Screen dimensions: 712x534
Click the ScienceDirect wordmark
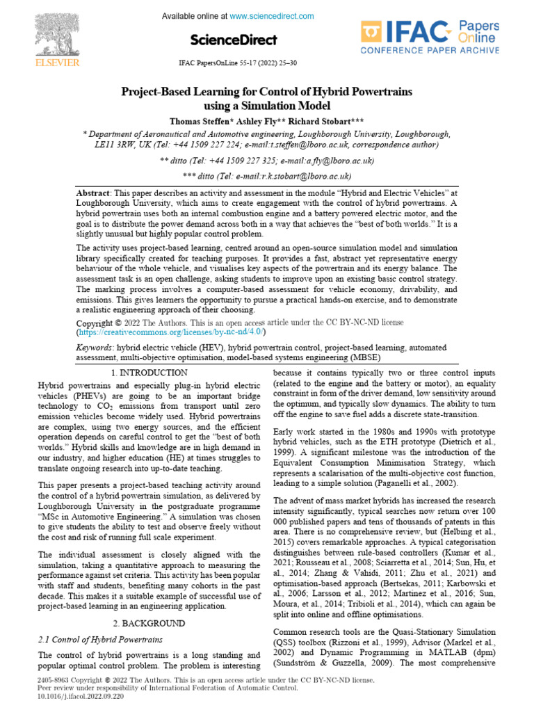[234, 40]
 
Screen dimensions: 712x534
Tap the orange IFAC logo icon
[373, 33]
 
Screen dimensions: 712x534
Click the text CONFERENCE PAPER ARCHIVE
[429, 51]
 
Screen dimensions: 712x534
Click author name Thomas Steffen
[201, 119]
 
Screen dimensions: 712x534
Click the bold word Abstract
[92, 192]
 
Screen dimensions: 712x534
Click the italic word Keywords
[94, 346]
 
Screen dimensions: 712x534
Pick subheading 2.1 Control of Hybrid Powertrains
[100, 639]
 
